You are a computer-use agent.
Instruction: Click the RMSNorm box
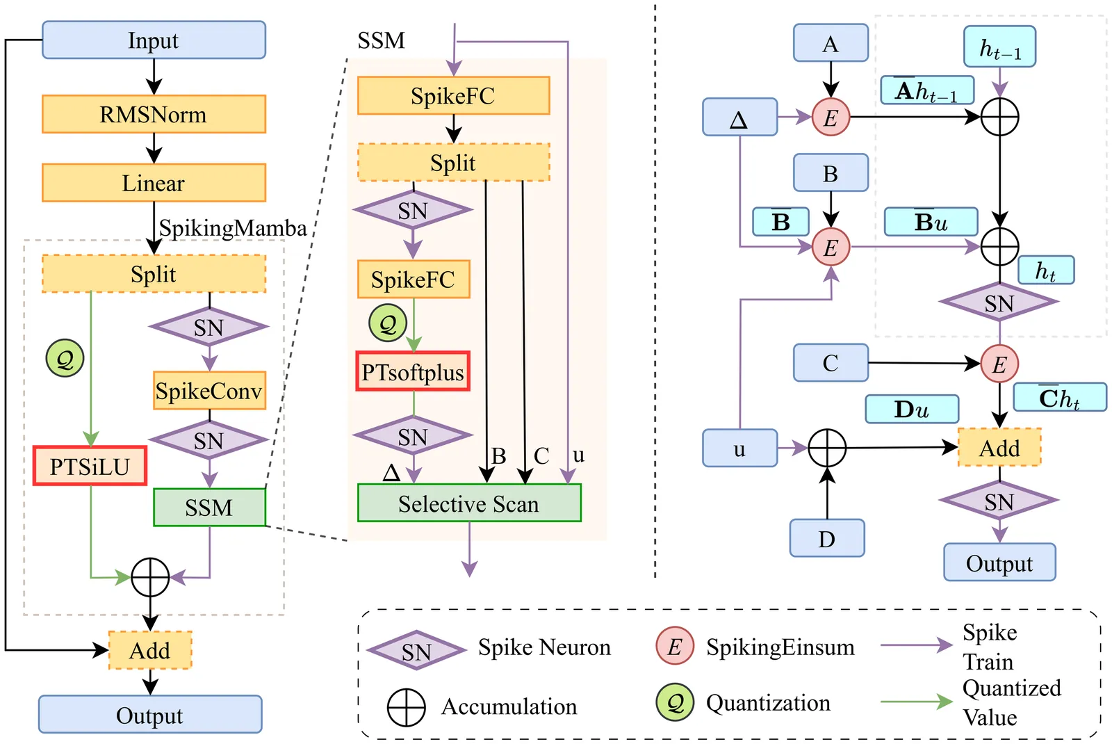coord(154,114)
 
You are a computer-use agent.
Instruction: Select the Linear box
coord(154,183)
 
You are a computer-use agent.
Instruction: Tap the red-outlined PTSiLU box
coord(90,466)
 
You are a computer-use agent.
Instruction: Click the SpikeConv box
coord(208,391)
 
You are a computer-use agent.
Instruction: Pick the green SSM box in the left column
coord(209,508)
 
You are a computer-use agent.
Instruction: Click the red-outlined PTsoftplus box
coord(413,372)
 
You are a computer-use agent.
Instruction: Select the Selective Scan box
coord(469,503)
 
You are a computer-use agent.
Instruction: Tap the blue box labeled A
coord(831,43)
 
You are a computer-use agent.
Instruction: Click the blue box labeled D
coord(827,538)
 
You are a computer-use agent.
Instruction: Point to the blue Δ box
coord(739,117)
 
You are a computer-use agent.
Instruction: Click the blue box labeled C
coord(831,362)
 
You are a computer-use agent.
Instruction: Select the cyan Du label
coord(912,409)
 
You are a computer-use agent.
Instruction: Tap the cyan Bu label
coord(931,222)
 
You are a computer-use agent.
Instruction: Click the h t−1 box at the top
coord(999,47)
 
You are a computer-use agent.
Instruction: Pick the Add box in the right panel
coord(999,448)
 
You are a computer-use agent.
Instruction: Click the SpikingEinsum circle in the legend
coord(674,646)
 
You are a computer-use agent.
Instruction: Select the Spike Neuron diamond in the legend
coord(416,651)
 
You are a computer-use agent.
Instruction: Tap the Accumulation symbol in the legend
coord(406,707)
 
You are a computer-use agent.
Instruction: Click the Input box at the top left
coord(154,40)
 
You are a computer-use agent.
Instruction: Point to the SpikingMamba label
coord(233,228)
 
